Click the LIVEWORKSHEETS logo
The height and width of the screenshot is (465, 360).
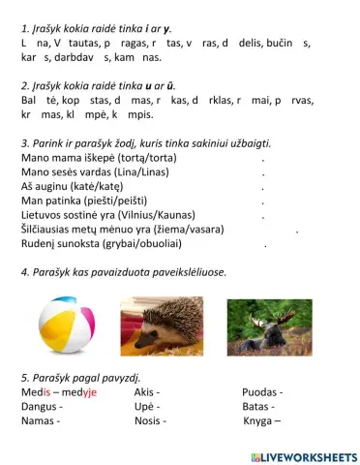point(303,456)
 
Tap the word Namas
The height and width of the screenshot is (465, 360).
point(39,421)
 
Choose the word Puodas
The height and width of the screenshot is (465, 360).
point(258,390)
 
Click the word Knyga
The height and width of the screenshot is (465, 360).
point(257,421)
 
